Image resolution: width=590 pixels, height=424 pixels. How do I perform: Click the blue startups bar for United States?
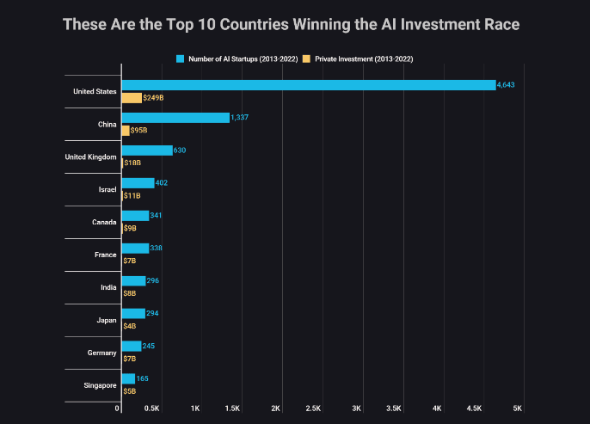coord(308,85)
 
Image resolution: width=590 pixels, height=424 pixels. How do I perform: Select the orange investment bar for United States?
coord(132,98)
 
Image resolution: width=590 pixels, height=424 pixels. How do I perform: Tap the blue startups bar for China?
coord(175,118)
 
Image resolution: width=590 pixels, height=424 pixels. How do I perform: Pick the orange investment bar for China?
coord(126,131)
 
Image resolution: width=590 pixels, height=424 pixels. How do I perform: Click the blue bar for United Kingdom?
coord(147,151)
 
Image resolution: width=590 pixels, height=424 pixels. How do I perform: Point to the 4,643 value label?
coord(505,85)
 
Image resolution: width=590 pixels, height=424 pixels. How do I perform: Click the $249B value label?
coord(154,98)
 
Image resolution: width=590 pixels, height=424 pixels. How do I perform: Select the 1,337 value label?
coord(239,118)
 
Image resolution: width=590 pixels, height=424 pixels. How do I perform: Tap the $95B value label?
coord(138,131)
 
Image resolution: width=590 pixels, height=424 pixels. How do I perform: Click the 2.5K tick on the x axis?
coord(315,409)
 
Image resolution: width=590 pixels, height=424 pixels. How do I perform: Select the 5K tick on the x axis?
coord(518,409)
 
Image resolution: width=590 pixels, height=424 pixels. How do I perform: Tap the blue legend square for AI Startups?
coord(181,58)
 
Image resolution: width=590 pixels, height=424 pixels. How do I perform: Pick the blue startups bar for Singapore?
coord(128,378)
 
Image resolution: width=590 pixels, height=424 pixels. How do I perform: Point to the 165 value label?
coord(143,378)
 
